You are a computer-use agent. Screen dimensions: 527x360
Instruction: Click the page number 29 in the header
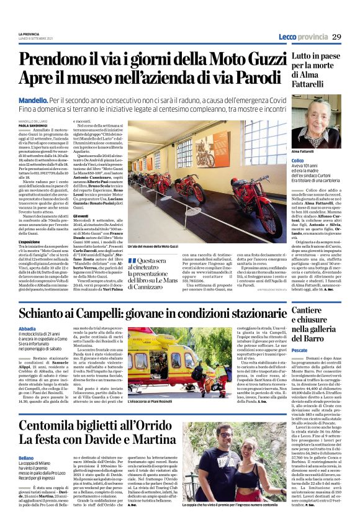click(x=336, y=36)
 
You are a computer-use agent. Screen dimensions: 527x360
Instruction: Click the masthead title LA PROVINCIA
click(x=29, y=33)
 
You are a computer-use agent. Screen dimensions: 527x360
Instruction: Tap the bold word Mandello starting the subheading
click(x=33, y=100)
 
